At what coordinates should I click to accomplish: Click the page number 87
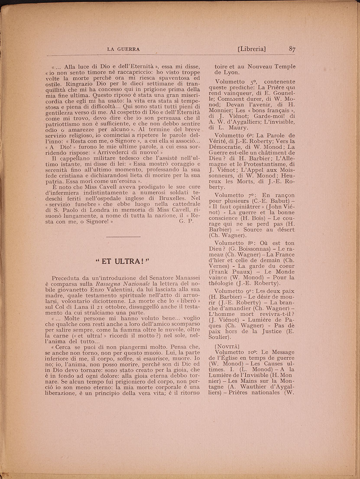coord(292,49)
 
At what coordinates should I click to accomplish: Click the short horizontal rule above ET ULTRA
coord(123,236)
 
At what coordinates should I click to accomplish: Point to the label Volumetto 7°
coord(239,195)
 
